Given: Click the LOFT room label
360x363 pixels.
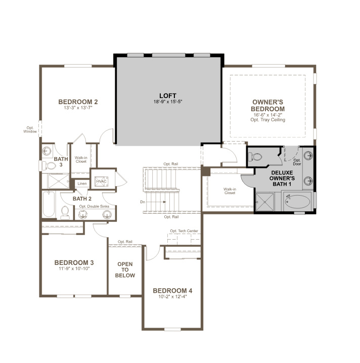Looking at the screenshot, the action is (x=168, y=96).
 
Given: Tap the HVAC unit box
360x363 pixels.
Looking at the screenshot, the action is (x=102, y=181).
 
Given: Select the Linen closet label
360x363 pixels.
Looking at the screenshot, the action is (x=82, y=184).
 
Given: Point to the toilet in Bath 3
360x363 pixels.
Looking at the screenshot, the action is (x=50, y=165).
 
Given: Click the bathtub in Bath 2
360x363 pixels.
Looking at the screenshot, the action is (x=49, y=204).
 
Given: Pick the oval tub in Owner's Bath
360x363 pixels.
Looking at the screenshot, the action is (x=297, y=202).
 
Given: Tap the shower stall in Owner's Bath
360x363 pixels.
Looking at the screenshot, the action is (x=264, y=202).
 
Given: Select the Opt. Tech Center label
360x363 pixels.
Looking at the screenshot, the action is (x=184, y=231).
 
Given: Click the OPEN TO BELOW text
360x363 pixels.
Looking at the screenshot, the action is (x=125, y=269).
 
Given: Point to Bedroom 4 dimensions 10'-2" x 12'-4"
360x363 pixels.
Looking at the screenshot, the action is (x=172, y=297).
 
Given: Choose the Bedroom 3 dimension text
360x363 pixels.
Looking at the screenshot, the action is (x=74, y=268).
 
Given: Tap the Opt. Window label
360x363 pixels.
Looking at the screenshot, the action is (x=30, y=129).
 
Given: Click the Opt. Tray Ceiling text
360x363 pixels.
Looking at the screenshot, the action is (x=268, y=120).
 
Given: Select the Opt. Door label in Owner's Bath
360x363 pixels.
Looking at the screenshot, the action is (x=297, y=162).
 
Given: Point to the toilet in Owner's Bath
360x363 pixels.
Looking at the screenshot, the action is (x=255, y=157).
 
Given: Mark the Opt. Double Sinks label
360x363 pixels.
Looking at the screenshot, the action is (x=94, y=206).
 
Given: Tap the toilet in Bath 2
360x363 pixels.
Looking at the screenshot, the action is (x=65, y=213).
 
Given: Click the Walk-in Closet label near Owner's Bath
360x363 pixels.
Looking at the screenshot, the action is (x=230, y=191).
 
